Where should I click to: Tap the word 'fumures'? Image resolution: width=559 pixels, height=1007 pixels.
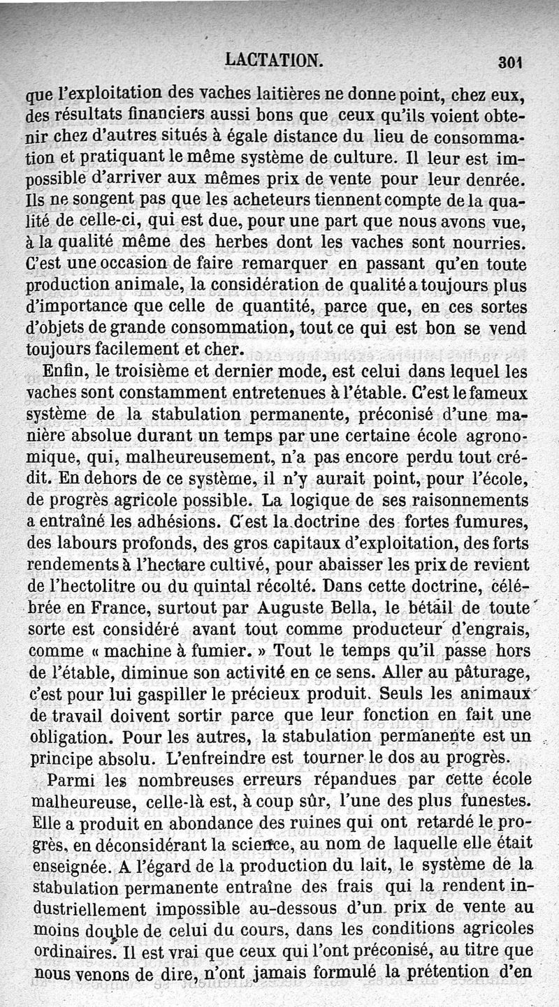(x=499, y=522)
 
